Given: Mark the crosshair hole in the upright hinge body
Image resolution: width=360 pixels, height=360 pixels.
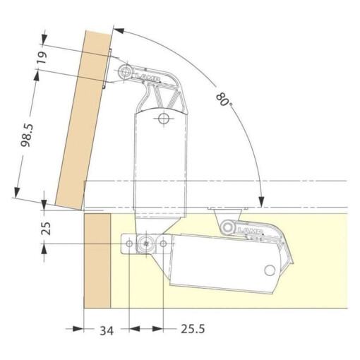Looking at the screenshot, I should [x=163, y=119].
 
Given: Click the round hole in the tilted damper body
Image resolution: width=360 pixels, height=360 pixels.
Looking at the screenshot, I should [x=269, y=271].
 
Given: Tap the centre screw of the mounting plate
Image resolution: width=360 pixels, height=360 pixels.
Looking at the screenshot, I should [x=145, y=244].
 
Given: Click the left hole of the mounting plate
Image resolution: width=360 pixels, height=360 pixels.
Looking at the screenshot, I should [x=129, y=244].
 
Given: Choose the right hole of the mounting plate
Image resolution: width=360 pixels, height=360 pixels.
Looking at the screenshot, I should [x=164, y=244].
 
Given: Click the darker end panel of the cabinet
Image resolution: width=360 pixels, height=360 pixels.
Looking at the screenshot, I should [x=97, y=261].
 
